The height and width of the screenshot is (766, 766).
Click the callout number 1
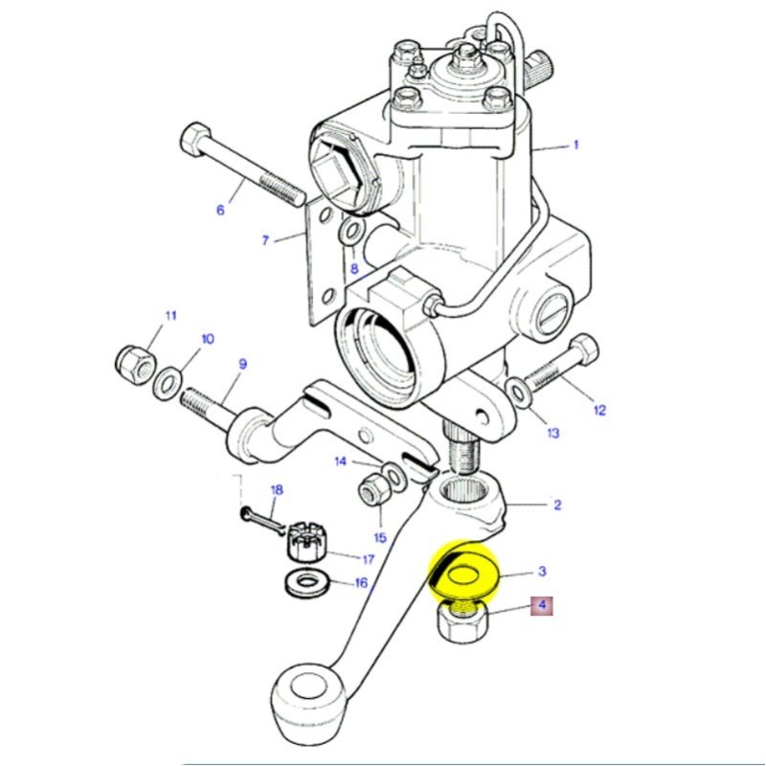coord(576,146)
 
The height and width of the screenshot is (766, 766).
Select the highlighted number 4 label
coord(542,605)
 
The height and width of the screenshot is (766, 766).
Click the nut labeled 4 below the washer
coord(462,622)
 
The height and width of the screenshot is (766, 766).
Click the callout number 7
coord(265,240)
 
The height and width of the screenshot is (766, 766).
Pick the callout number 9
coord(242,364)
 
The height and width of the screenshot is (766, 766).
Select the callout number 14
coord(340,462)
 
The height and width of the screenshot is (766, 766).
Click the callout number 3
coord(542,572)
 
